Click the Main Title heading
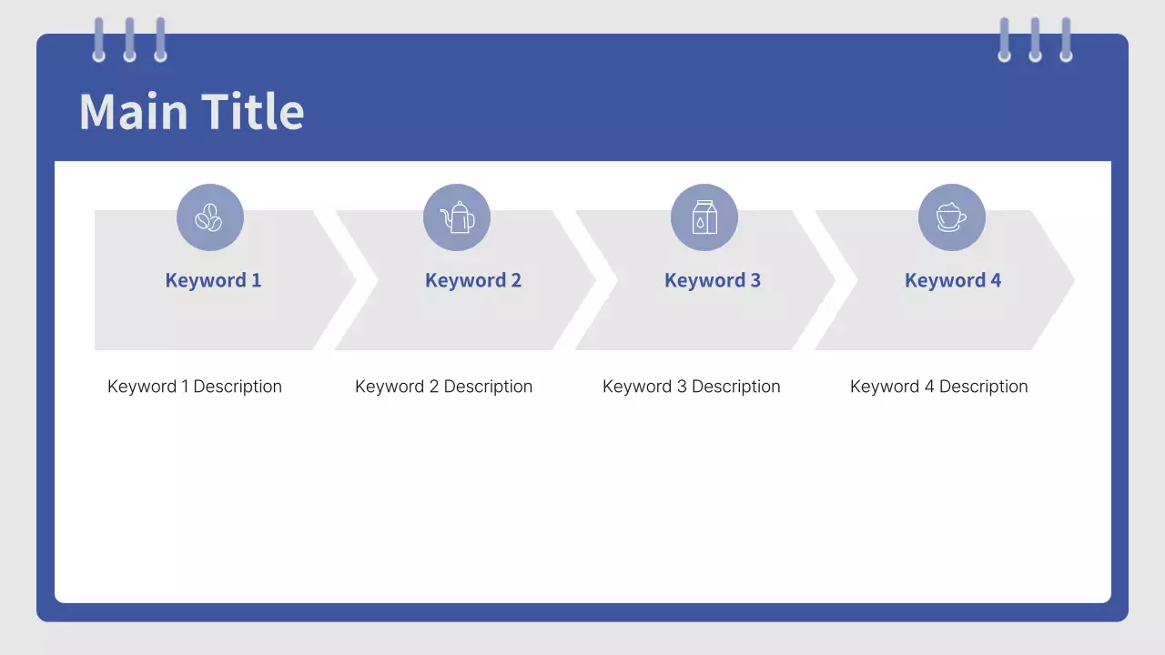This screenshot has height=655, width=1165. tap(191, 111)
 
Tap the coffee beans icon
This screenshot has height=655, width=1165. tap(208, 217)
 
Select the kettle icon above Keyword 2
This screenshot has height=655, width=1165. tap(457, 217)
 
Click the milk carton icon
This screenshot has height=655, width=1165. tap(704, 217)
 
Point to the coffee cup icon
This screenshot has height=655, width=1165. tap(951, 217)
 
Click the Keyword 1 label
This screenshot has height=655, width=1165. tap(213, 281)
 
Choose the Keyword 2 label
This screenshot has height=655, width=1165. tap(473, 281)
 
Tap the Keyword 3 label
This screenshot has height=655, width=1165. tap(713, 281)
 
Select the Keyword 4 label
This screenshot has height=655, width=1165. tap(953, 281)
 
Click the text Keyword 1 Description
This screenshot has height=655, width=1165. tap(195, 387)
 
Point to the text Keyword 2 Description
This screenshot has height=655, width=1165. tap(443, 387)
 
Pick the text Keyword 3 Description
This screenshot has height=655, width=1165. tap(691, 387)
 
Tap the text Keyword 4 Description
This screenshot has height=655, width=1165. tap(938, 387)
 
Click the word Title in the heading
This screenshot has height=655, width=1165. tap(253, 111)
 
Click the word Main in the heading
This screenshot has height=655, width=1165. tap(133, 111)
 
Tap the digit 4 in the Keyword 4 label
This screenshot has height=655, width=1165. tap(996, 280)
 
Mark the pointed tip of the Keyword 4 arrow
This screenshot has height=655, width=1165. tap(1074, 280)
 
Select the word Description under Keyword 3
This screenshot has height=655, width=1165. tap(736, 387)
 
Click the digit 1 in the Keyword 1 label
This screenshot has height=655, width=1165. tap(257, 280)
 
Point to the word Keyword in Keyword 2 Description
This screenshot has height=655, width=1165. tap(390, 387)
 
